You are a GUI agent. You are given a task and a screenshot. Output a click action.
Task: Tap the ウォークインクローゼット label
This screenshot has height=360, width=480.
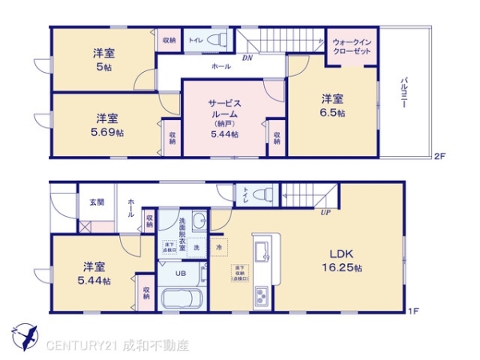point(352,45)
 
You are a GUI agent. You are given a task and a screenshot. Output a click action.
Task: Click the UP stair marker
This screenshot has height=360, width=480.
point(326,213)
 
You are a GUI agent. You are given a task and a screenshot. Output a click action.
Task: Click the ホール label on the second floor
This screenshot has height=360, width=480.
point(221,68)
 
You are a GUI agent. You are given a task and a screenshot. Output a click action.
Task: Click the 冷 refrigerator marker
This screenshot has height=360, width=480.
point(218,247)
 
